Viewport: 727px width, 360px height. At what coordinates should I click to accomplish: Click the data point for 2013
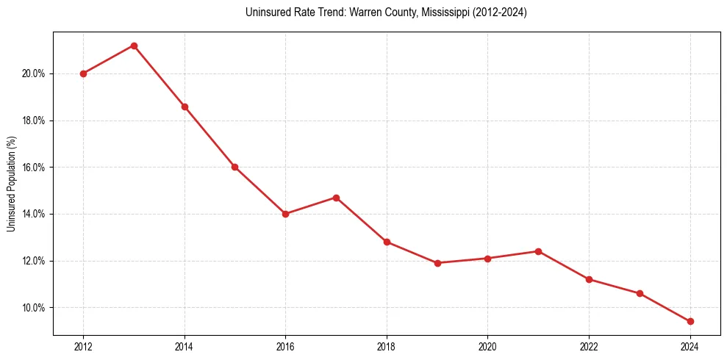click(134, 46)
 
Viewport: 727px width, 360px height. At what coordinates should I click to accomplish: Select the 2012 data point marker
click(83, 73)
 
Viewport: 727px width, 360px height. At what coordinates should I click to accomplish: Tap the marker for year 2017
click(336, 198)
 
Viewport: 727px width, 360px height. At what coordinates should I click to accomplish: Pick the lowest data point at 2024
click(690, 321)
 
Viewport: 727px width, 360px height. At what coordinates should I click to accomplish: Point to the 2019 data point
click(437, 263)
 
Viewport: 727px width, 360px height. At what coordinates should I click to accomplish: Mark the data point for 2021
click(538, 251)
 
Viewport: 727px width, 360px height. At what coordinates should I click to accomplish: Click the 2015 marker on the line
click(234, 167)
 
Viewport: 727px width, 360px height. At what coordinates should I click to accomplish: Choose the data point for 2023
click(640, 293)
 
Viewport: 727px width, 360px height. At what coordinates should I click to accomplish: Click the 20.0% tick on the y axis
click(34, 73)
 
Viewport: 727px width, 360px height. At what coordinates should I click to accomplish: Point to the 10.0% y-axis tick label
click(34, 308)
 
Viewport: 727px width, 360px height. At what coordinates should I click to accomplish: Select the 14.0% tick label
click(34, 214)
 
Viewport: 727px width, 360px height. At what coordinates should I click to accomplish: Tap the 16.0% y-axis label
click(34, 168)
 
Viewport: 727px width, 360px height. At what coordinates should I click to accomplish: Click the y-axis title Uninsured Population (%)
click(11, 184)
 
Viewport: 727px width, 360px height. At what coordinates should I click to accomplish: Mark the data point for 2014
click(185, 107)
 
